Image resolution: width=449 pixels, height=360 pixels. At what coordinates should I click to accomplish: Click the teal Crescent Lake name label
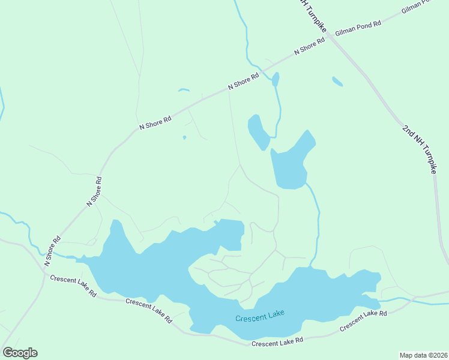[x=259, y=316]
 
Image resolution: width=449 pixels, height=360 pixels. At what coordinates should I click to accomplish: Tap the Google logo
[x=20, y=353]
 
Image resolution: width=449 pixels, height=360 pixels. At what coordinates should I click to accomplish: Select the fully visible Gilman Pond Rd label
[x=358, y=28]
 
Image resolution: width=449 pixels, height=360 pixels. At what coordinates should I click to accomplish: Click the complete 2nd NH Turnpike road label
[x=419, y=149]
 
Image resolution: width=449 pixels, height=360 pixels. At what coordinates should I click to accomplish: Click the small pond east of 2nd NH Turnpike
[x=337, y=81]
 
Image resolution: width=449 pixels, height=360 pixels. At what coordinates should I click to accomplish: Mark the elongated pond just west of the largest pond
[x=259, y=132]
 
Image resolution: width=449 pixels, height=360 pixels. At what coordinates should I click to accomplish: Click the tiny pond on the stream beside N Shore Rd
[x=276, y=79]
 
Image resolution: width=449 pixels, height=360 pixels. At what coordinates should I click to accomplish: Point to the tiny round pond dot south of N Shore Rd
[x=184, y=137]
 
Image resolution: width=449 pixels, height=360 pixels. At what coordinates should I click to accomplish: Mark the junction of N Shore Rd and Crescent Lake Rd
[x=43, y=270]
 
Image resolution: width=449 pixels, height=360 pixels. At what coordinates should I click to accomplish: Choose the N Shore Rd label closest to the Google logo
[x=53, y=251]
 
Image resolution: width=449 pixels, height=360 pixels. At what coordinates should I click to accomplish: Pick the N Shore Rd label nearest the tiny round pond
[x=155, y=122]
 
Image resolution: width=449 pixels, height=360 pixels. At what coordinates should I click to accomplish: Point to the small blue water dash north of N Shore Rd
[x=184, y=91]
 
